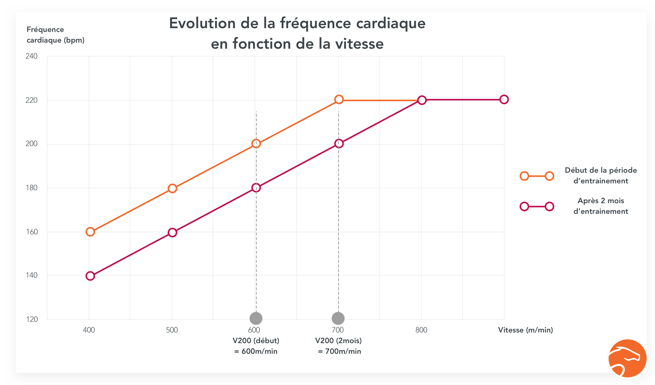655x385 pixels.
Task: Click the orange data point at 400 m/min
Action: (90, 232)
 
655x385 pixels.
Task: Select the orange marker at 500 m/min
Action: (172, 188)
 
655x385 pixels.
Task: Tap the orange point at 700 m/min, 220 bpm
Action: (339, 99)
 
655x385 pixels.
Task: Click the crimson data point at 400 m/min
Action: (90, 276)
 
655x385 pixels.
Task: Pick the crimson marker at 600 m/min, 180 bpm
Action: (256, 188)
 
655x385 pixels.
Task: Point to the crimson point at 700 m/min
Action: (339, 144)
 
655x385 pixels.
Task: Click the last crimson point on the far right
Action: (504, 99)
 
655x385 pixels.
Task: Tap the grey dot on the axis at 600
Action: (256, 318)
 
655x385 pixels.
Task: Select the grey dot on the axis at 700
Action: (338, 318)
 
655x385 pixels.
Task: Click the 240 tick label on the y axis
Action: (31, 56)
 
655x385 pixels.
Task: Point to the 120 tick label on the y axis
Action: (32, 319)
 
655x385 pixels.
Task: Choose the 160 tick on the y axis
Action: (32, 232)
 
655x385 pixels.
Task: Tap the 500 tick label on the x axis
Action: (172, 330)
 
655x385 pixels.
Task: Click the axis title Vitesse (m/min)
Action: (525, 330)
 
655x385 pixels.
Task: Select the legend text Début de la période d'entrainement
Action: (601, 176)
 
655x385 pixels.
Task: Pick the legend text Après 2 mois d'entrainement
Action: (601, 206)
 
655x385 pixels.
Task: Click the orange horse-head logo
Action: (627, 358)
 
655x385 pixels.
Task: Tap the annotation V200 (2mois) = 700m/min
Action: (339, 346)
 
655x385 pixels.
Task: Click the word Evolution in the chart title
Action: (202, 23)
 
